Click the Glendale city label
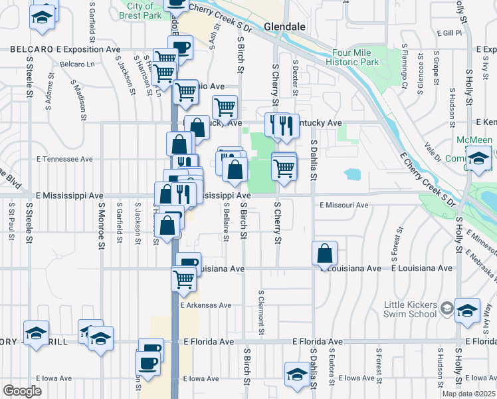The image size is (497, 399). (x=284, y=27)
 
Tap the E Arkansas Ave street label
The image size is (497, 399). (x=206, y=305)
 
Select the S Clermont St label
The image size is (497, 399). (x=261, y=313)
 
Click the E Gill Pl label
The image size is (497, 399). (x=449, y=33)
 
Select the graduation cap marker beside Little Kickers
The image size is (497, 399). (x=468, y=310)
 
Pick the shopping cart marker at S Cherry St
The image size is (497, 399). (x=284, y=169)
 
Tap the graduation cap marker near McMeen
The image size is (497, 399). (x=478, y=160)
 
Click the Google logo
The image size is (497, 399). (x=22, y=390)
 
